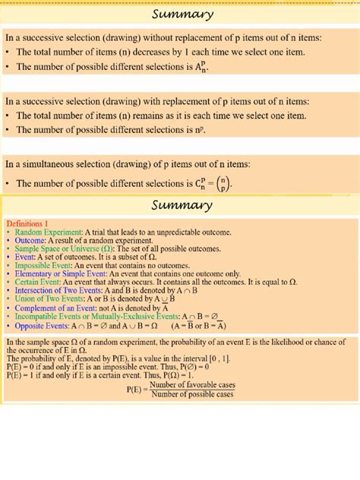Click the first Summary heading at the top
pyautogui.click(x=182, y=14)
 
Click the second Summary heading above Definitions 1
pyautogui.click(x=182, y=206)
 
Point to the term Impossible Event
pyautogui.click(x=46, y=266)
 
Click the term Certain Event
pyautogui.click(x=39, y=282)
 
